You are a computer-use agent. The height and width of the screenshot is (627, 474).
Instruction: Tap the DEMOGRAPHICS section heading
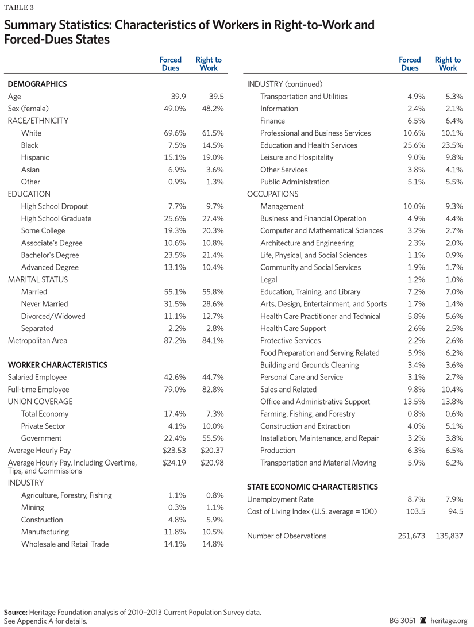pos(37,84)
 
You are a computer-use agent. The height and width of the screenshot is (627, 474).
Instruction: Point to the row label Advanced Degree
pos(50,267)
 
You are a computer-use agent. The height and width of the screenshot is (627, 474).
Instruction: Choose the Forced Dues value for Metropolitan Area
pos(172,341)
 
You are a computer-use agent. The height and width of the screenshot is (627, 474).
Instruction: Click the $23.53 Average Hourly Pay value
pos(172,451)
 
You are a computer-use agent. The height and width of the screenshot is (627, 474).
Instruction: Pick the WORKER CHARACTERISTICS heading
pos(57,365)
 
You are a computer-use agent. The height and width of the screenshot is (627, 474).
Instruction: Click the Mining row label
pos(32,507)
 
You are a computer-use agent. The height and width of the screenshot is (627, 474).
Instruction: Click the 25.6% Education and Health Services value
pos(411,145)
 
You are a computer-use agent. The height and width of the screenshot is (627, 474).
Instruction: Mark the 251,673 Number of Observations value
pos(409,536)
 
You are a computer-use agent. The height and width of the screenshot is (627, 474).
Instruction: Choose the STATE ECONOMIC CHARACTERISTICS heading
pos(313,487)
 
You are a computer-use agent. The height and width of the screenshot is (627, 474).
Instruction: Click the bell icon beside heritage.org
pos(424,621)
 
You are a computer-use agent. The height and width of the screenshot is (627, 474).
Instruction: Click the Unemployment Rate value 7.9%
pos(452,499)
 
